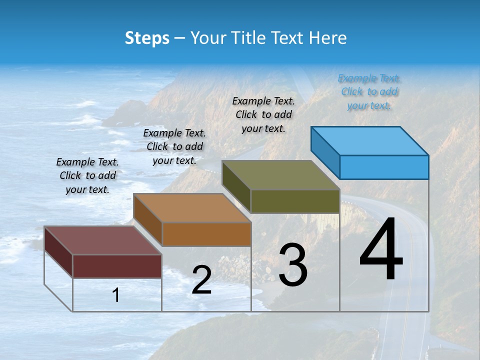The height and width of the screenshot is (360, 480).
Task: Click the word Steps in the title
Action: tap(147, 38)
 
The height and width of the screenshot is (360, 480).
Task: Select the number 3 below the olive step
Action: tap(293, 265)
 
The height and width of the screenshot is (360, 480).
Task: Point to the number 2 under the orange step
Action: tap(201, 280)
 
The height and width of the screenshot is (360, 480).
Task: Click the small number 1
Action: tap(116, 295)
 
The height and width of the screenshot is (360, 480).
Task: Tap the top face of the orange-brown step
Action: tap(192, 208)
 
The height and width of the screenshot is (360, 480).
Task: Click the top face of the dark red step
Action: tap(103, 240)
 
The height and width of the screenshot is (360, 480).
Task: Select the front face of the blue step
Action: tap(384, 167)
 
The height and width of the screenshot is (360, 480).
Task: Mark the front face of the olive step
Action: tap(295, 201)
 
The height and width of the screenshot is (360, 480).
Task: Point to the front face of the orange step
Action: tap(206, 234)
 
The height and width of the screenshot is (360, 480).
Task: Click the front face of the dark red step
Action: tap(117, 266)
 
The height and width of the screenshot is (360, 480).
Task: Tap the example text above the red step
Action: tap(87, 175)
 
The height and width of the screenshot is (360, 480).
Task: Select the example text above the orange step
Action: tap(174, 146)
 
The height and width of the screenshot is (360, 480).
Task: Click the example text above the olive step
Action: tap(263, 114)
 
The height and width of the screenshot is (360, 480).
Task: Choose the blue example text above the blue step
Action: tap(369, 91)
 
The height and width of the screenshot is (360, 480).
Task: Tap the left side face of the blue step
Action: tap(325, 152)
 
